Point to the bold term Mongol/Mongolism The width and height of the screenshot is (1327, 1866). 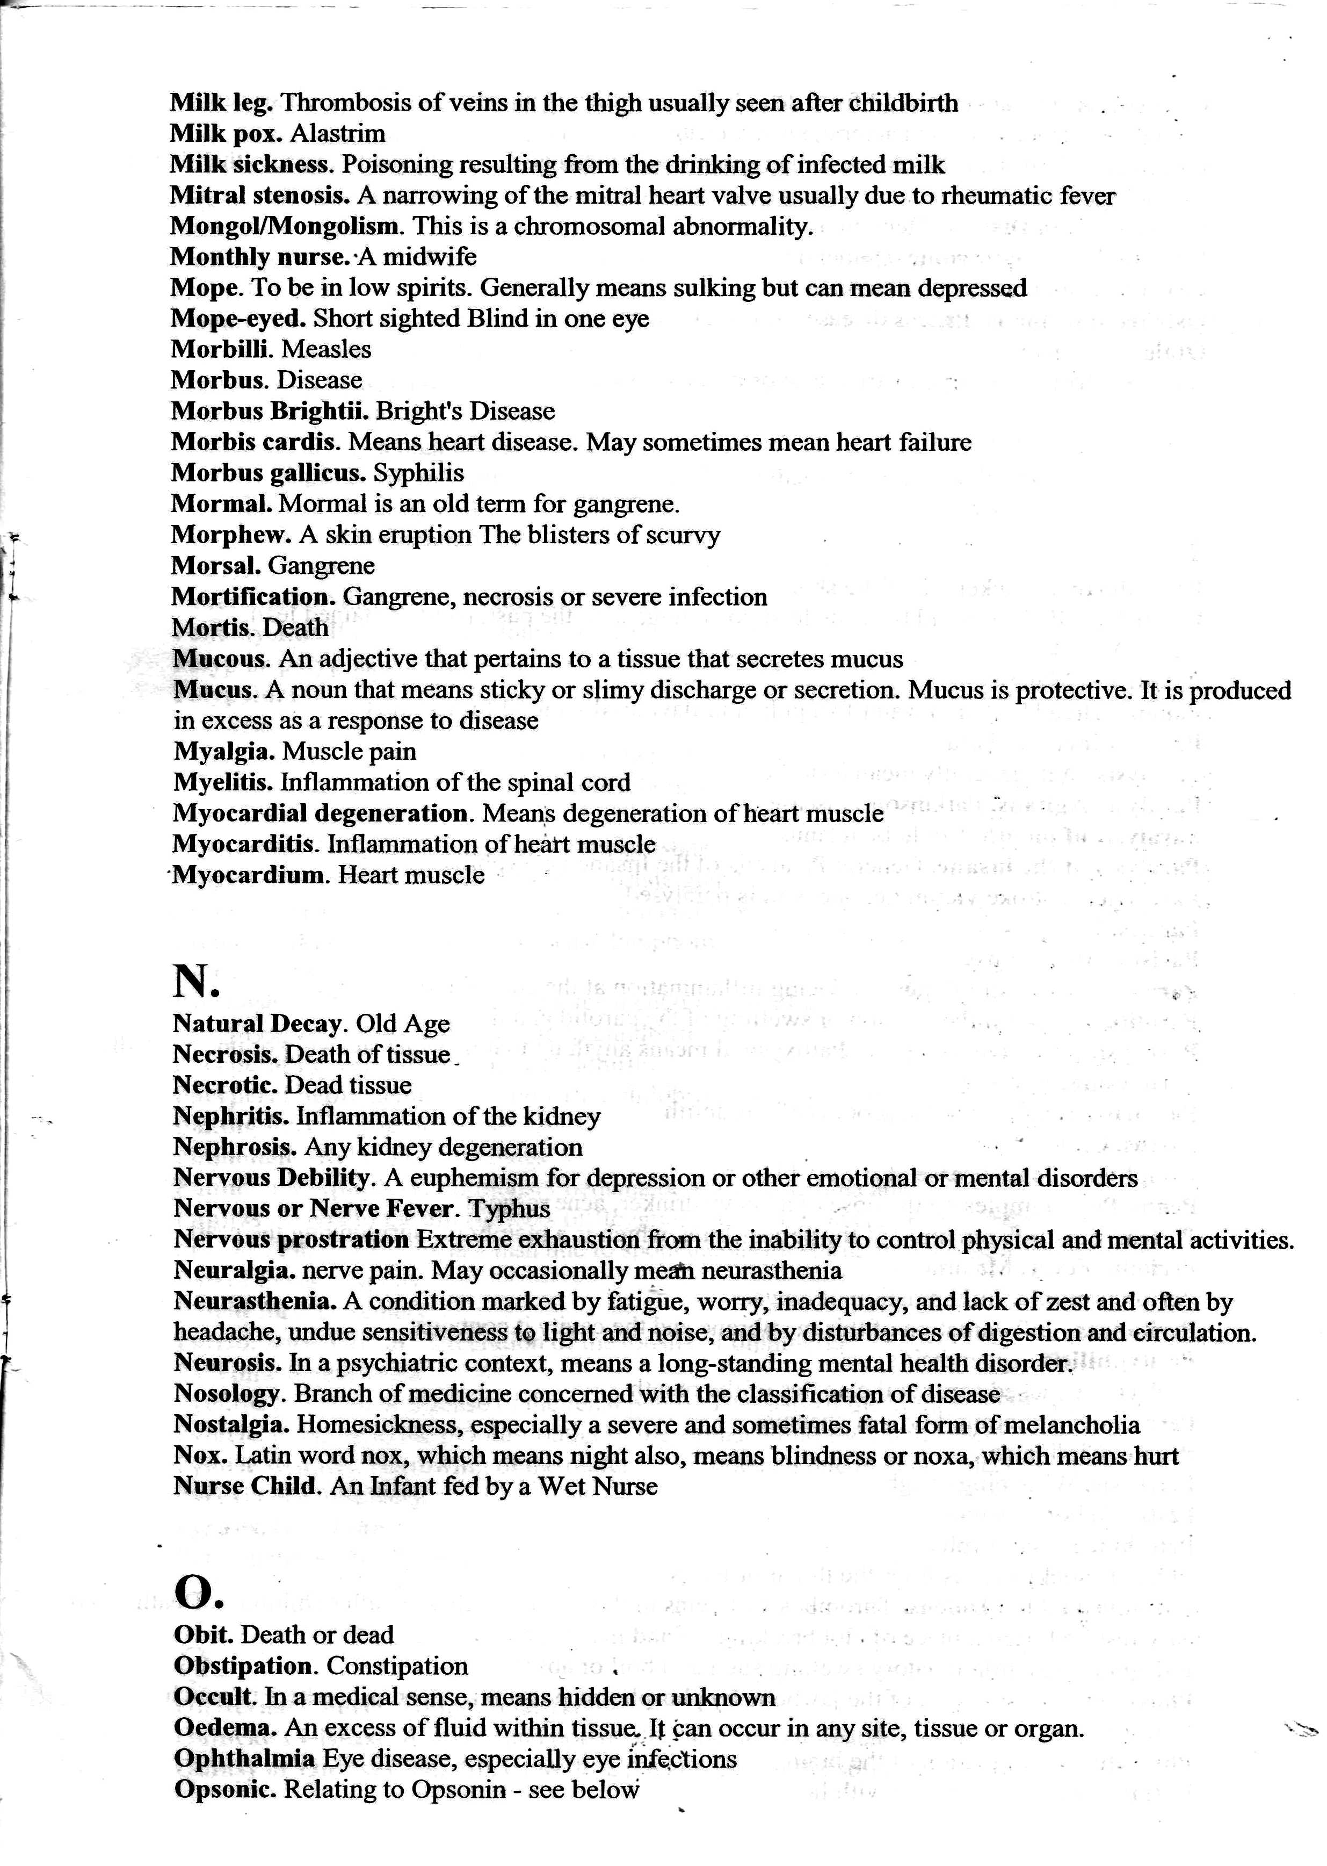tap(285, 226)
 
